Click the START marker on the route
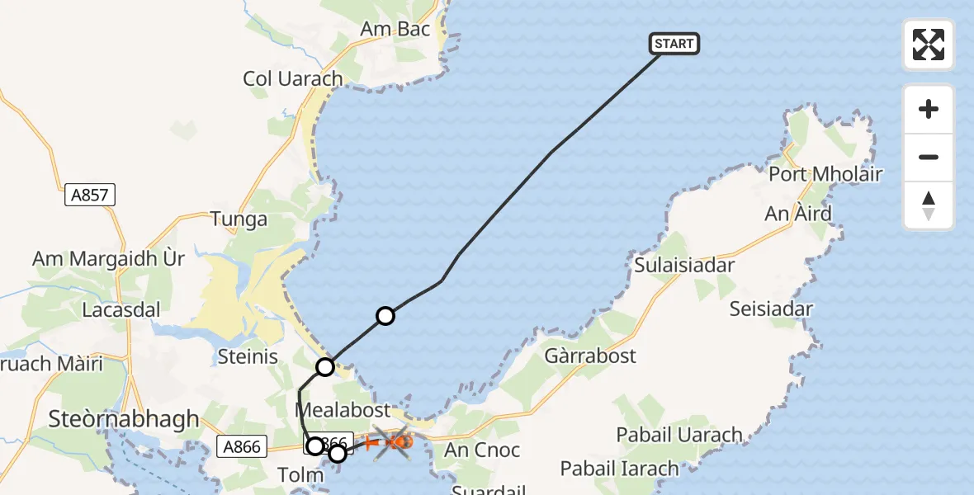click(x=674, y=44)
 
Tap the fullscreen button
click(x=929, y=45)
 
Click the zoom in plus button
click(x=929, y=109)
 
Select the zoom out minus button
click(x=929, y=157)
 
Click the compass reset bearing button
click(x=929, y=205)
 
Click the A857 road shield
click(x=90, y=196)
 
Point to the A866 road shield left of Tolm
click(x=243, y=447)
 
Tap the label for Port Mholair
click(x=825, y=174)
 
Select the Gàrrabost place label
click(x=590, y=356)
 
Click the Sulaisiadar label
click(x=684, y=265)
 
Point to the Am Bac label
click(x=395, y=29)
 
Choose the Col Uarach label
click(x=292, y=78)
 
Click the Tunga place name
click(x=239, y=219)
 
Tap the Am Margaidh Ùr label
click(x=108, y=258)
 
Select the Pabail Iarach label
click(x=619, y=469)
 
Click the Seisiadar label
click(x=771, y=309)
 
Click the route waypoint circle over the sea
click(x=385, y=315)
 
